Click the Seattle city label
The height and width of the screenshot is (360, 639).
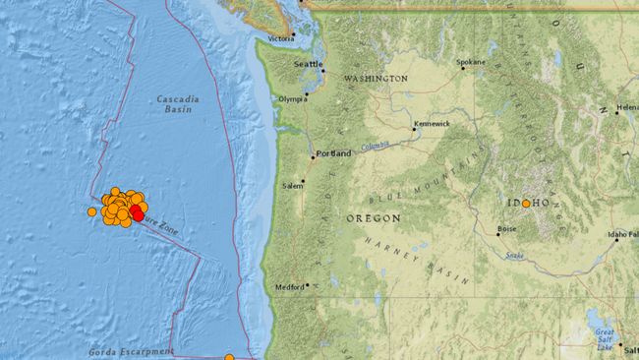[x=308, y=65]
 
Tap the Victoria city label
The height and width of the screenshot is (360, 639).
[x=280, y=39]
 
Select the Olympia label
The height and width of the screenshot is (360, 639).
[x=293, y=99]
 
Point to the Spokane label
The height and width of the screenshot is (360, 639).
[x=472, y=62]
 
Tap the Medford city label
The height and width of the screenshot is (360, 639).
[x=290, y=287]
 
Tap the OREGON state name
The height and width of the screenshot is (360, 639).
[x=373, y=217]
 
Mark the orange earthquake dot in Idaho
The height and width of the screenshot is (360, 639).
[x=526, y=204]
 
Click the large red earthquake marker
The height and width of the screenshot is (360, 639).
[x=137, y=211]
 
